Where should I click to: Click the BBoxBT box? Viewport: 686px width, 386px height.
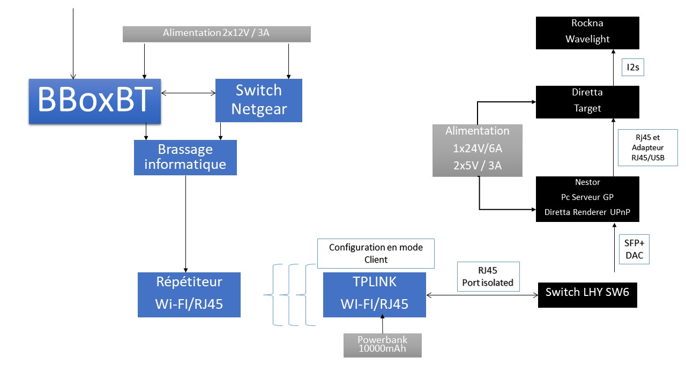(x=95, y=101)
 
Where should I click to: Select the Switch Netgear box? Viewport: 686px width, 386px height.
(x=259, y=100)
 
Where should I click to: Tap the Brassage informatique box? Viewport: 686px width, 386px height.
(x=185, y=157)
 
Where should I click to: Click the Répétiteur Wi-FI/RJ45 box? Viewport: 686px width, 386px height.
(x=189, y=294)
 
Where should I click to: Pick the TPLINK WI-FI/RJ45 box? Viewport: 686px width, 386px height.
(x=374, y=294)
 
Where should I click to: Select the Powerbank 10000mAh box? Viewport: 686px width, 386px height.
(x=382, y=345)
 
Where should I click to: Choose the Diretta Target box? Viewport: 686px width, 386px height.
(x=587, y=101)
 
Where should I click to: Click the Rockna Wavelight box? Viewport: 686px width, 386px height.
(x=587, y=33)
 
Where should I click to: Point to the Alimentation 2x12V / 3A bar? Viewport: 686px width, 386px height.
(x=217, y=34)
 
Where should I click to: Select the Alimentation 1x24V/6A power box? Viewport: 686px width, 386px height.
(x=478, y=150)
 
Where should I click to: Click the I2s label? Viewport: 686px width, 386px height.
(x=633, y=68)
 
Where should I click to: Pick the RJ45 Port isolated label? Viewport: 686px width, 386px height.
(x=488, y=277)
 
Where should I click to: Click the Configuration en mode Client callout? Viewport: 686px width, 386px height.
(x=376, y=254)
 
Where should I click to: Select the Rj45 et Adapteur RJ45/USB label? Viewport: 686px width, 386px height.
(x=647, y=147)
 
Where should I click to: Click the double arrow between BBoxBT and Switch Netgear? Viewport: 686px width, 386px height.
(x=188, y=93)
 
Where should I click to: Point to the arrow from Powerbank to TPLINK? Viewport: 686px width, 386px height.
(x=382, y=325)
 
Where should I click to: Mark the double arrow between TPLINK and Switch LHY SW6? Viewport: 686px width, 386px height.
(x=482, y=295)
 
